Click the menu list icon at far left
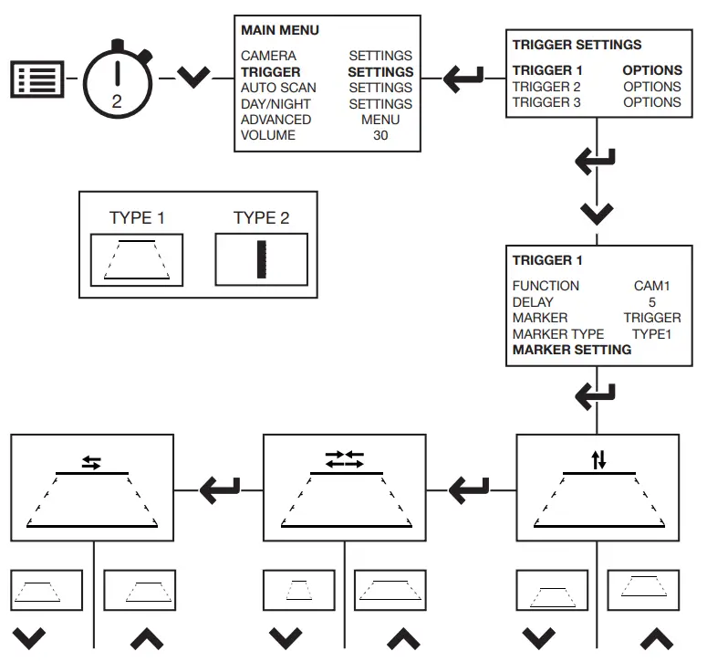[x=38, y=79]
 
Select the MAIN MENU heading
[x=280, y=30]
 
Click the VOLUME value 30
[x=380, y=136]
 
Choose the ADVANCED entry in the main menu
[x=276, y=120]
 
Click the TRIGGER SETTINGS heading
[x=577, y=44]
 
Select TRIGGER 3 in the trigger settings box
[x=546, y=102]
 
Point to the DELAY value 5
[x=651, y=301]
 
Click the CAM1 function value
[x=651, y=286]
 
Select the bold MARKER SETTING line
[x=571, y=350]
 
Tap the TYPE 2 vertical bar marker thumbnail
[x=261, y=259]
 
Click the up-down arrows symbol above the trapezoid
[x=598, y=460]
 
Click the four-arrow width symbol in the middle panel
[x=344, y=459]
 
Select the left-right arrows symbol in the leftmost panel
[x=91, y=462]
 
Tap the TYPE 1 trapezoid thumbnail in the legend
[x=137, y=259]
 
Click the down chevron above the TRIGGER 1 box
[x=597, y=215]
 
